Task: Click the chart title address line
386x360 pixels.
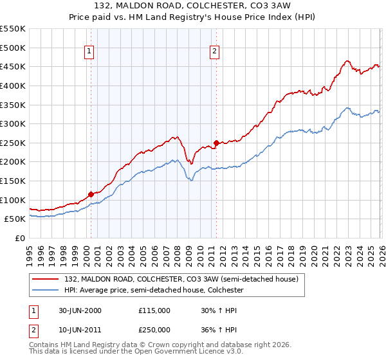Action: click(x=193, y=6)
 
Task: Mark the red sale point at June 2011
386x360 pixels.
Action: click(x=216, y=143)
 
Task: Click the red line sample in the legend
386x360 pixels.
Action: click(x=46, y=280)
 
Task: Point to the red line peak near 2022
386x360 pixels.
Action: click(x=347, y=61)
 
